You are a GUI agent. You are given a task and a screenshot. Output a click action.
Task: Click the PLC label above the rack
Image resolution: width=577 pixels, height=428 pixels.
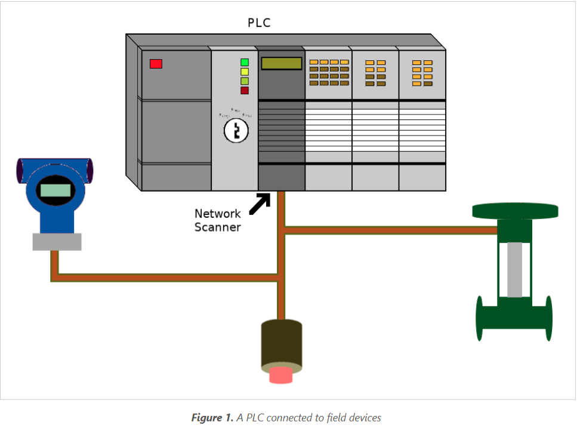(x=259, y=23)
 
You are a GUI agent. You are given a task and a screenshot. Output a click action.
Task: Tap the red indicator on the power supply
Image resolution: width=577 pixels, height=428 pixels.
(x=156, y=63)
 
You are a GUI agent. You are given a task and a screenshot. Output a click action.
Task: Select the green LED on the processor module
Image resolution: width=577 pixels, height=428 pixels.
(x=245, y=62)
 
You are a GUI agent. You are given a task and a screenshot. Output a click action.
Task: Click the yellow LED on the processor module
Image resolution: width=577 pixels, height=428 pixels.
(x=245, y=72)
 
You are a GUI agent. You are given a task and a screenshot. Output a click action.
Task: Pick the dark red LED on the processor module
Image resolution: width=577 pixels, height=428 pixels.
(x=245, y=91)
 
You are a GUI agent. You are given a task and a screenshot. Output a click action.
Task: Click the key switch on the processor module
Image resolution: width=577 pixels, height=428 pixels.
(x=236, y=130)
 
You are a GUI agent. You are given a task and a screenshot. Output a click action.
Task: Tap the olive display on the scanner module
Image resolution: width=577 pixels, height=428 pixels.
(x=281, y=63)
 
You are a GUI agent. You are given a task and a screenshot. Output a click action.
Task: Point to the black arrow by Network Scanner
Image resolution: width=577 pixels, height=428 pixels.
(x=259, y=203)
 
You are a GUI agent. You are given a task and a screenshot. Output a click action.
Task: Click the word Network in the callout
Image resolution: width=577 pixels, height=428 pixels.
(x=218, y=214)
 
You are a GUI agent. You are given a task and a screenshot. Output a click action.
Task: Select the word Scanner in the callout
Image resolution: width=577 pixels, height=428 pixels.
(x=218, y=227)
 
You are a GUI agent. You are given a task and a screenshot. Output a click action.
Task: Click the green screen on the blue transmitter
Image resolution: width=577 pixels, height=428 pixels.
(x=54, y=190)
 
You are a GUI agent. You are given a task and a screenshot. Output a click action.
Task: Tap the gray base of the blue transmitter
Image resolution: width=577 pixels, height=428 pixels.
(x=57, y=241)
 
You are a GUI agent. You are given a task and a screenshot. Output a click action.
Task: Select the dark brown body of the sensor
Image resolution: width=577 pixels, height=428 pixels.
(x=281, y=343)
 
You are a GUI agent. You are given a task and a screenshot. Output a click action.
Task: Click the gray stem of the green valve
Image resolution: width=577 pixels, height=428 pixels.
(x=514, y=269)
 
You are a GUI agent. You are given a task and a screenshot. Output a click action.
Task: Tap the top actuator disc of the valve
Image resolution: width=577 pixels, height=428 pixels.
(x=515, y=211)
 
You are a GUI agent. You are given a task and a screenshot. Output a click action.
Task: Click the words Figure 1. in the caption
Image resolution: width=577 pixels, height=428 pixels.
(x=212, y=418)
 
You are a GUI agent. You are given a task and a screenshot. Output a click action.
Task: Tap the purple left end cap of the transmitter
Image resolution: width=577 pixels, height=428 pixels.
(x=19, y=170)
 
